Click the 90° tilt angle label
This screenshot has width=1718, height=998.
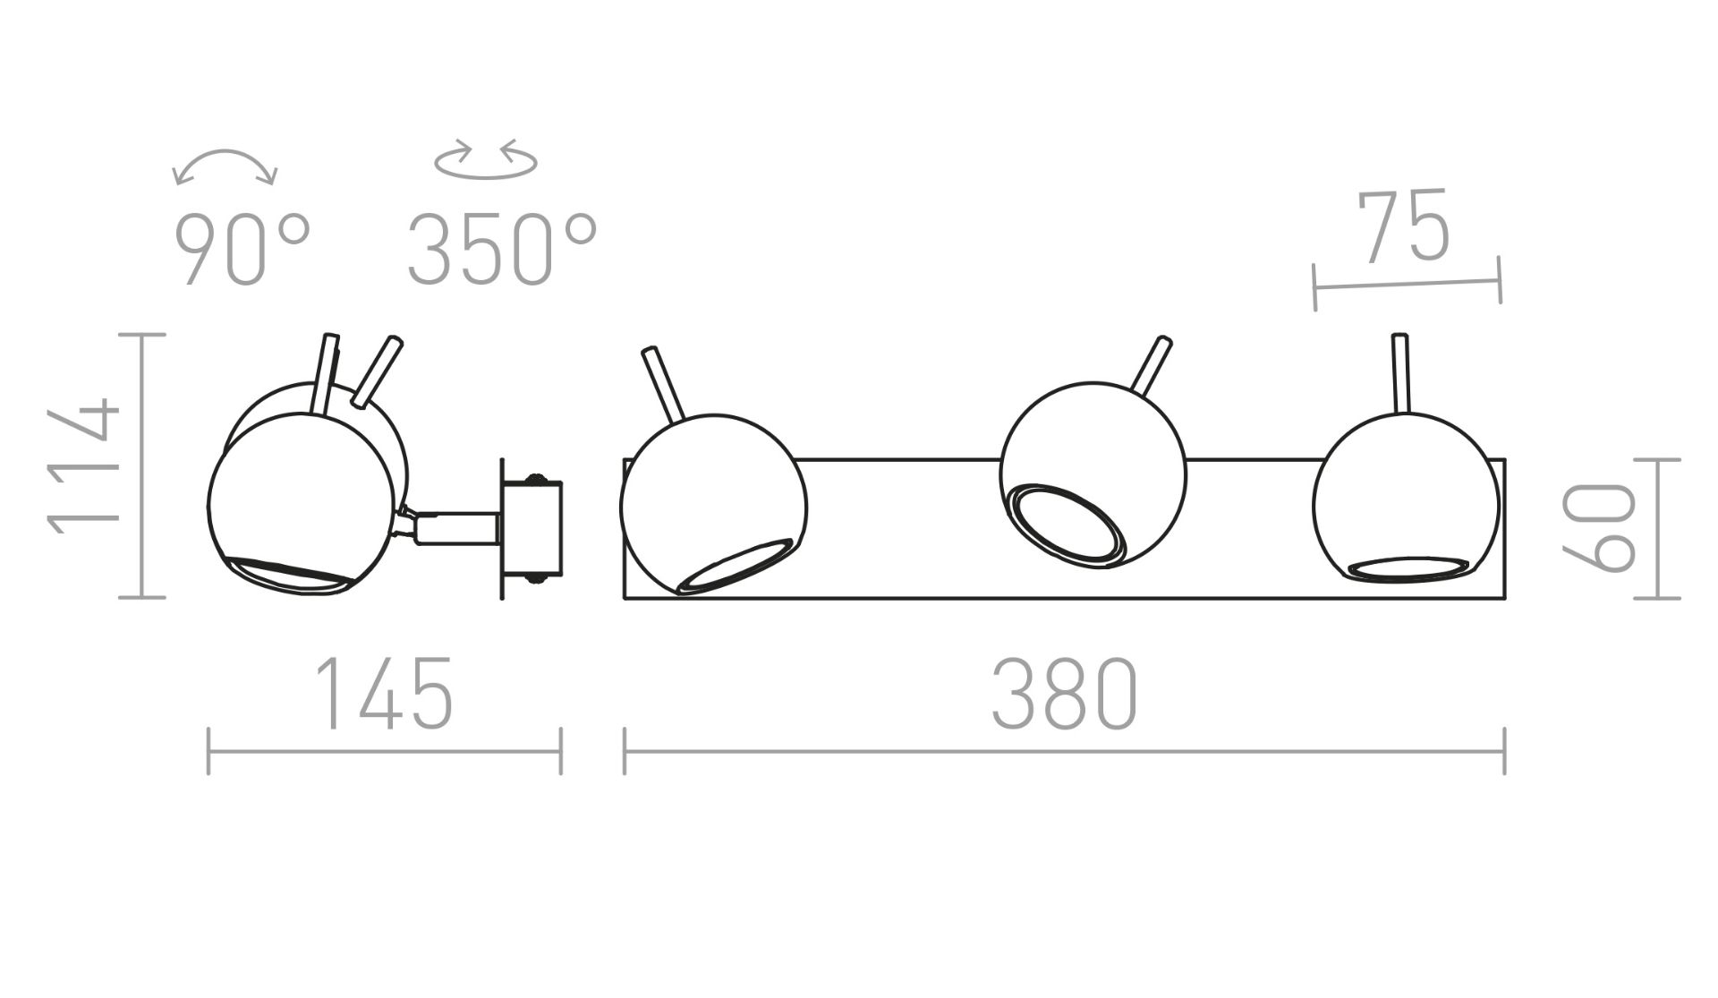pyautogui.click(x=242, y=250)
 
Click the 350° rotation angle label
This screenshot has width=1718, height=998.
pyautogui.click(x=502, y=250)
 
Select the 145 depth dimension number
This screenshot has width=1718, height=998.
pyautogui.click(x=385, y=694)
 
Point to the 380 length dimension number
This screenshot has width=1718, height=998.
pyautogui.click(x=1064, y=694)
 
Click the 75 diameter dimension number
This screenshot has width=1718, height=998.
pyautogui.click(x=1402, y=226)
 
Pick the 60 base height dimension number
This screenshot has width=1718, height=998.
pyautogui.click(x=1598, y=527)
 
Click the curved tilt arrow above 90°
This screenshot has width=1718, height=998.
pyautogui.click(x=225, y=162)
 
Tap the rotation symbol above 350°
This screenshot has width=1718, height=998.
pyautogui.click(x=486, y=161)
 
